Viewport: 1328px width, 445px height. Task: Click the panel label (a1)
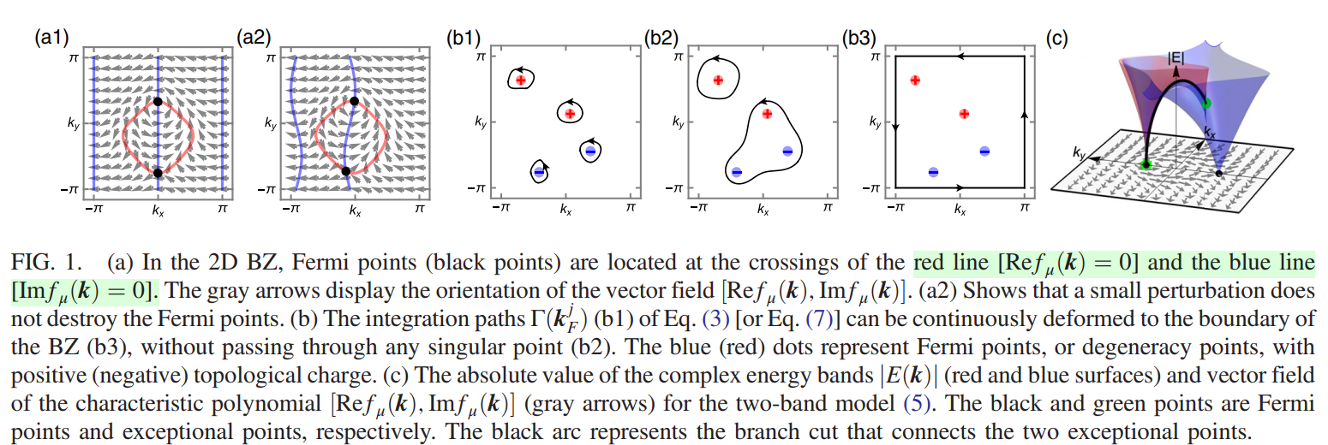click(x=51, y=38)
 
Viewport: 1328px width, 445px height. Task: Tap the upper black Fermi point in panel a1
click(x=158, y=101)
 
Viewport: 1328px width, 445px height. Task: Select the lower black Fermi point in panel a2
click(x=346, y=171)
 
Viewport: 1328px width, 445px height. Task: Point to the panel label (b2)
click(x=661, y=38)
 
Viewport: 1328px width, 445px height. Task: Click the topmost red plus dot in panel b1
click(x=521, y=80)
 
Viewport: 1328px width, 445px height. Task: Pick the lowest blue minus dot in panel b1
click(x=539, y=172)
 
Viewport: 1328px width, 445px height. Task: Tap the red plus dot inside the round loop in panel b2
click(x=718, y=80)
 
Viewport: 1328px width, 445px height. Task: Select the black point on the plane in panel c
click(x=1219, y=174)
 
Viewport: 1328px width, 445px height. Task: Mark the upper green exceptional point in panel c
click(x=1205, y=103)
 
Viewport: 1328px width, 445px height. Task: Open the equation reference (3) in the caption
click(x=715, y=319)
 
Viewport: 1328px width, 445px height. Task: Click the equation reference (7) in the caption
click(x=820, y=319)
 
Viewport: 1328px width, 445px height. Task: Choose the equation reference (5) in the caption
click(x=917, y=404)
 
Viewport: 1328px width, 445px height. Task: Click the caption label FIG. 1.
click(x=46, y=263)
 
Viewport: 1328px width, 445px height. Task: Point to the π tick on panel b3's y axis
click(x=875, y=56)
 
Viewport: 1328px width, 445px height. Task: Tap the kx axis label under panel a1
click(x=158, y=211)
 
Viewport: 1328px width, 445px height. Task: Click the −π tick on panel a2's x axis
click(x=291, y=208)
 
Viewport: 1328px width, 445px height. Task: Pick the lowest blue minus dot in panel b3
click(x=933, y=172)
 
